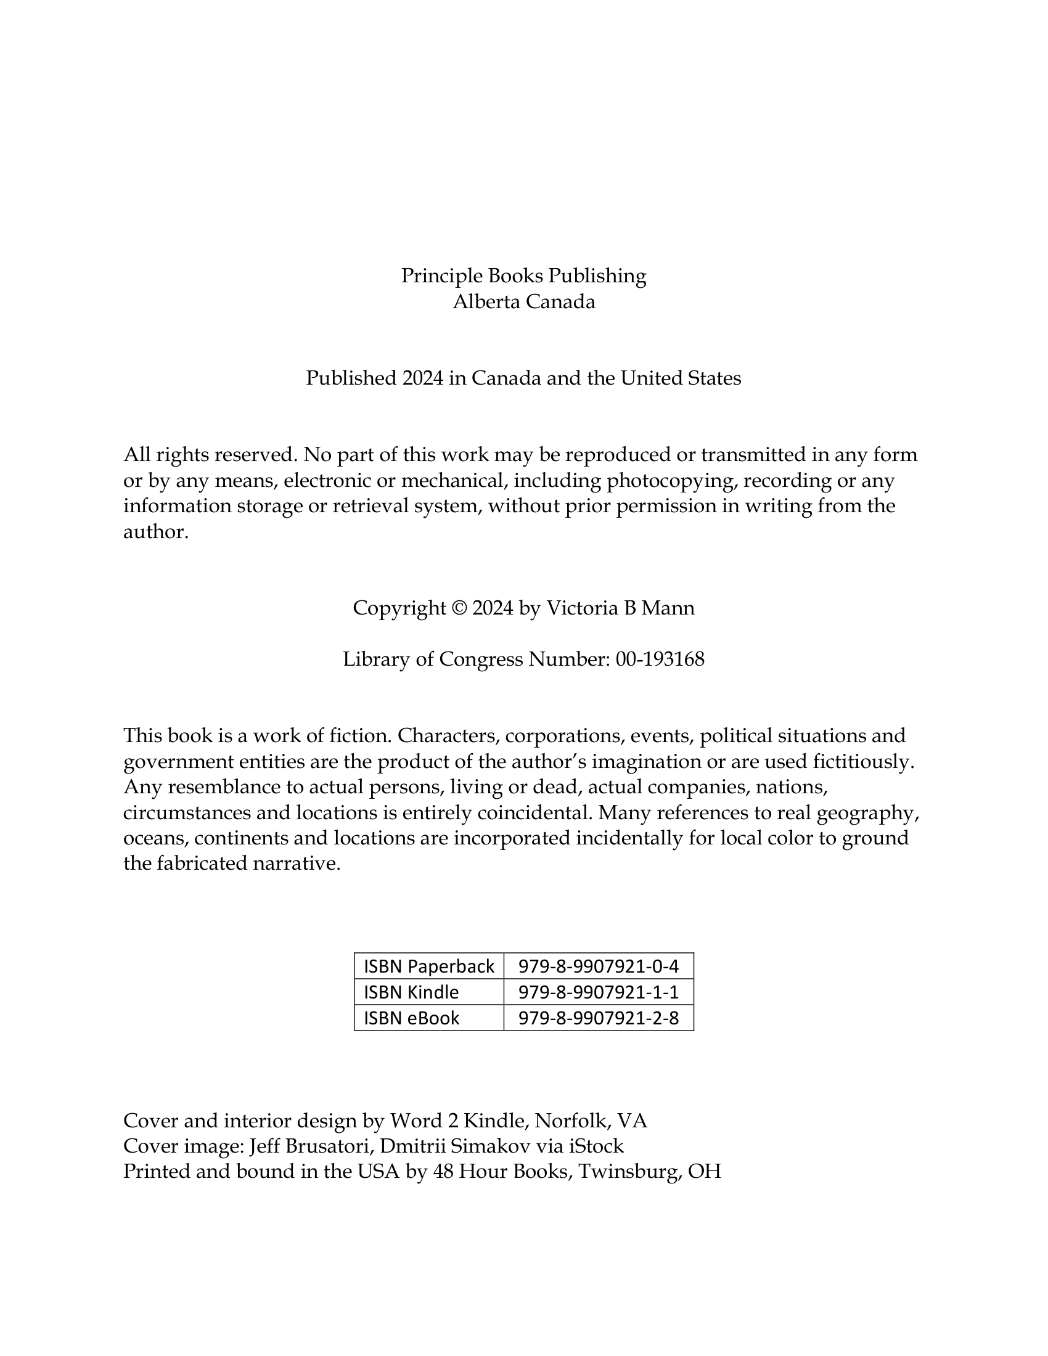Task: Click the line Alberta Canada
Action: click(x=523, y=302)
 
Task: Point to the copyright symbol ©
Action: click(x=459, y=608)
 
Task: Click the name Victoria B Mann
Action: click(x=620, y=608)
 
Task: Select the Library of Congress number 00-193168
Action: click(x=660, y=660)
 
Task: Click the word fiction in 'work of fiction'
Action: click(x=359, y=736)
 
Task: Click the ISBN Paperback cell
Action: click(x=429, y=966)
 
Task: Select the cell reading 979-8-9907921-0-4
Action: click(x=599, y=966)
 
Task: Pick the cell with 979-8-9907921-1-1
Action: click(x=599, y=992)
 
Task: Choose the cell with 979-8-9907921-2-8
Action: click(x=599, y=1018)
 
